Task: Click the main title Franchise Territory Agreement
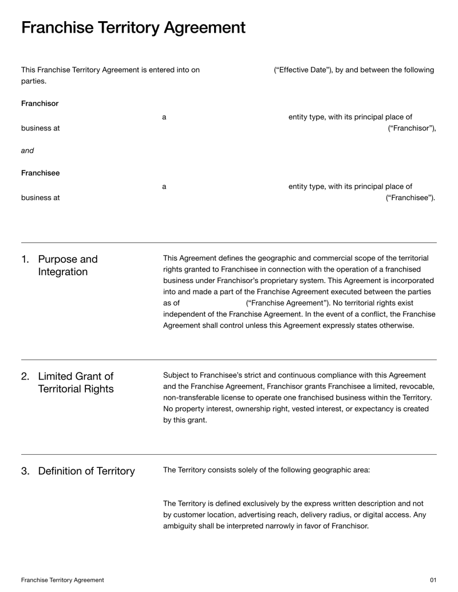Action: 133,27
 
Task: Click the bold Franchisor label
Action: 40,104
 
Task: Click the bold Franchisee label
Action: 40,173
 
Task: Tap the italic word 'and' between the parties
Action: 27,151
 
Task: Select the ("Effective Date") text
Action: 307,70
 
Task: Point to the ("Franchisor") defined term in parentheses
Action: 412,128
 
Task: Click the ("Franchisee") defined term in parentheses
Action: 410,198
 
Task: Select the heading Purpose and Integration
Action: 68,265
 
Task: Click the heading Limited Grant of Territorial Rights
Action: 75,383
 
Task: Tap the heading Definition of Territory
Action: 86,471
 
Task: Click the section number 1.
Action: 25,260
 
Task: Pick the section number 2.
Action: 25,376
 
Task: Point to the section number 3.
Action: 25,471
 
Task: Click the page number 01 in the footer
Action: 433,580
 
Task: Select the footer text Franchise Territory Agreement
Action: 62,580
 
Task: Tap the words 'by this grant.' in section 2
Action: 185,420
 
